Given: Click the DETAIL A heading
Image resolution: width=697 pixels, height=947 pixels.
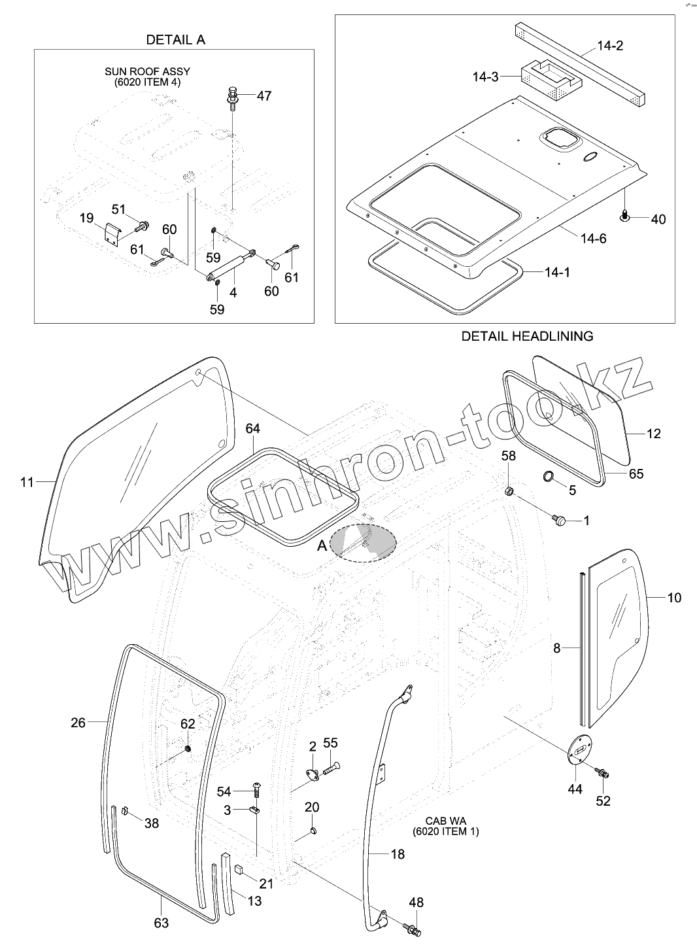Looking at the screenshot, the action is coord(175,39).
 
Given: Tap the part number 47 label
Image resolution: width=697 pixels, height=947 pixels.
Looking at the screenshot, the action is coord(263,95).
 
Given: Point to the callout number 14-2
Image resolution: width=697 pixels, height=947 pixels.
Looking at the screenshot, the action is coord(610,46).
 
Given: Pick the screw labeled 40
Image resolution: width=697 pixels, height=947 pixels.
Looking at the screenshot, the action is coord(625,215).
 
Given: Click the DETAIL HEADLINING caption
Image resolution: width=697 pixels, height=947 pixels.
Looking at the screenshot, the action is coord(527,336).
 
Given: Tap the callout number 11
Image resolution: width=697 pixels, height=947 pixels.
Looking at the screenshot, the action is coord(26,483).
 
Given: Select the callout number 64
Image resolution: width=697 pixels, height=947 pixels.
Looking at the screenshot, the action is coord(252,429).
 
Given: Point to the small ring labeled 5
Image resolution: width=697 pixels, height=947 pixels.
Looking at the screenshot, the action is coord(551,475).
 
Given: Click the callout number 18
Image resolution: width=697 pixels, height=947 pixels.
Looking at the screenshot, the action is coord(398,853).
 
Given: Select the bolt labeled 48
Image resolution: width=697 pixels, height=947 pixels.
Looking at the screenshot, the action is coord(413,928).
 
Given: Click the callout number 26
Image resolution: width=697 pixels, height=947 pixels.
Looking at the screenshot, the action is coord(78,723).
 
